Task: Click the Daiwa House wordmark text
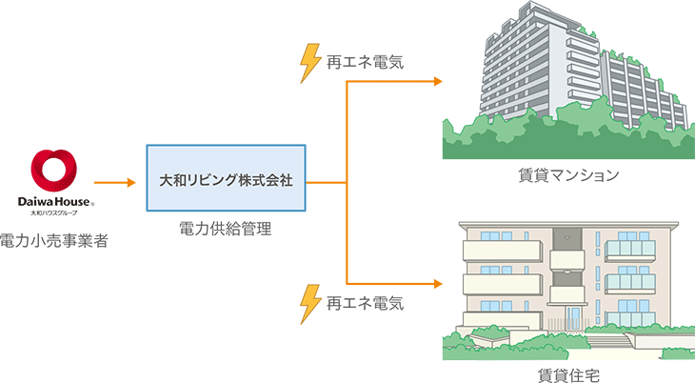click(x=52, y=203)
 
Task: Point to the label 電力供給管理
click(x=226, y=230)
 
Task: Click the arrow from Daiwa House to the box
click(x=115, y=181)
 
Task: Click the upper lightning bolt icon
click(x=310, y=63)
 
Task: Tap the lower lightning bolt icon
click(x=310, y=304)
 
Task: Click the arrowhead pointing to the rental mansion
click(x=438, y=82)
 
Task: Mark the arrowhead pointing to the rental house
click(x=438, y=283)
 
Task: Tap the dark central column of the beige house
click(x=567, y=272)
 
